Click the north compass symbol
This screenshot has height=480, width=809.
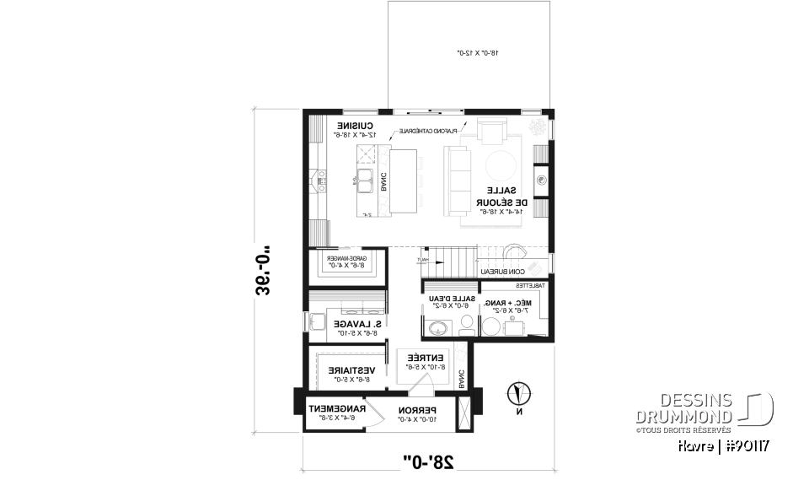pos(519,394)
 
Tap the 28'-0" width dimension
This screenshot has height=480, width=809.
pos(428,461)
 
